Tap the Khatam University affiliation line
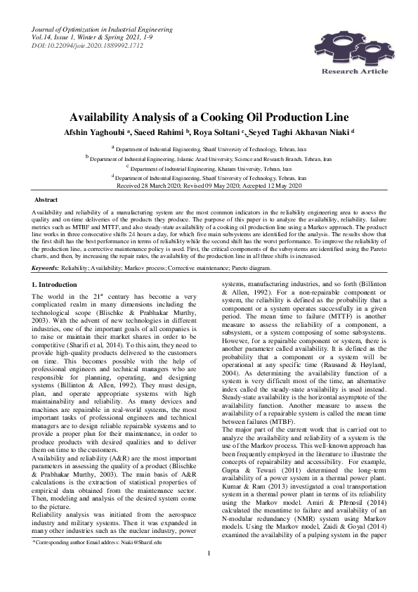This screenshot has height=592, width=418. (x=209, y=169)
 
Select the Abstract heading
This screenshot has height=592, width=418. (x=46, y=200)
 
